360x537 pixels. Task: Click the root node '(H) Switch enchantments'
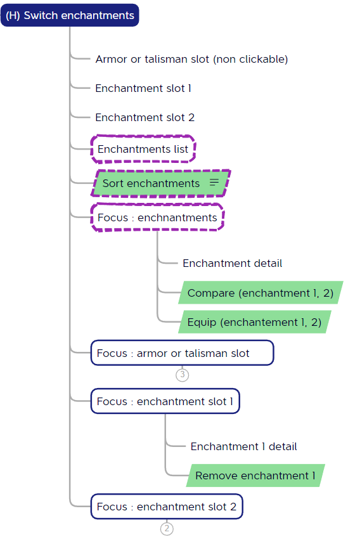(x=70, y=15)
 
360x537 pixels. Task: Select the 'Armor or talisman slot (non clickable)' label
(x=191, y=59)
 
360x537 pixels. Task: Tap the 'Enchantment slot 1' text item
(x=143, y=88)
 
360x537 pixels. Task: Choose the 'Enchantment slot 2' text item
(x=145, y=117)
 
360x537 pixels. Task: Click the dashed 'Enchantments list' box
(x=143, y=149)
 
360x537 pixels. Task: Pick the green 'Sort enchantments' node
(x=160, y=183)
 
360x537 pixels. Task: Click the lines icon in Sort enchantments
(x=214, y=182)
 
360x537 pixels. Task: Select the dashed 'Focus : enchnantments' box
(x=157, y=217)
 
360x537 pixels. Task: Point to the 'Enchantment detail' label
(x=233, y=263)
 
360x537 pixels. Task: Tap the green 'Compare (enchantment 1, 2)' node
(x=260, y=292)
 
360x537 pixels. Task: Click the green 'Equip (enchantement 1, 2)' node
(x=255, y=322)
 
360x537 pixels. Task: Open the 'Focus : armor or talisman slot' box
(x=182, y=353)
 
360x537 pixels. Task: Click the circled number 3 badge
(x=183, y=375)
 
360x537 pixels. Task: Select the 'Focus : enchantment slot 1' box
(x=165, y=401)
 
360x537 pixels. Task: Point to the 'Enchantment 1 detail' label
(x=243, y=446)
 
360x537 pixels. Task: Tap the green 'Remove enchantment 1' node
(x=255, y=476)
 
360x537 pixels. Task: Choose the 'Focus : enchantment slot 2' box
(x=167, y=507)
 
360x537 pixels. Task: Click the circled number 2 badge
(x=167, y=528)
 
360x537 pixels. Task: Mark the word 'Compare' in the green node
(x=211, y=293)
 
